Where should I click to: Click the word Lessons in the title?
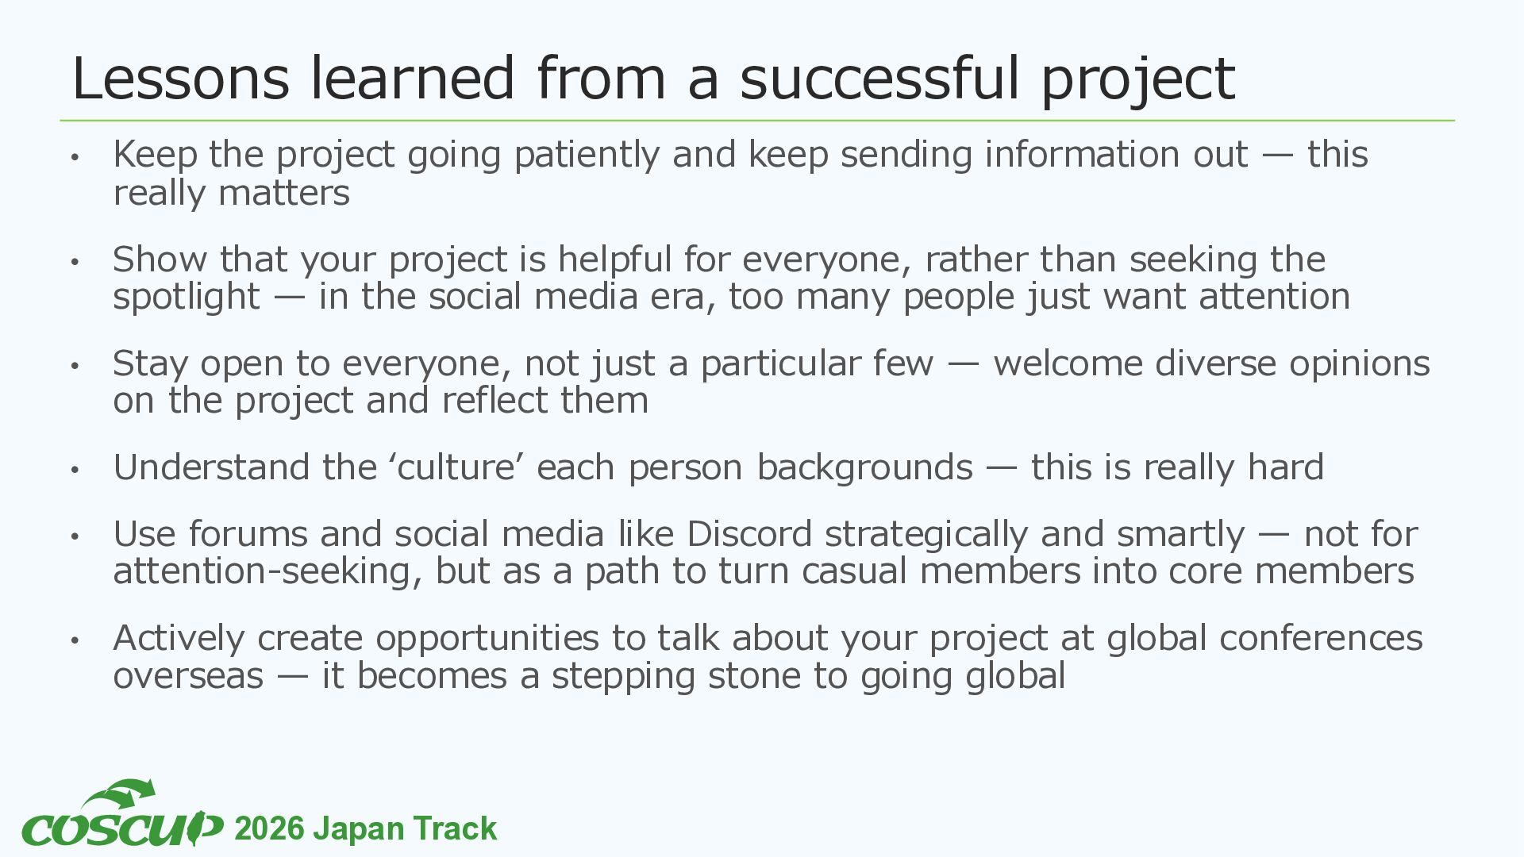click(x=181, y=78)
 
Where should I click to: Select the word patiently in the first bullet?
click(x=587, y=155)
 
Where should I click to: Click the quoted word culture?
click(x=456, y=467)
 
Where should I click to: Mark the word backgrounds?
click(x=864, y=467)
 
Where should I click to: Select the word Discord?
click(x=749, y=534)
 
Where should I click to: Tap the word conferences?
click(x=1321, y=638)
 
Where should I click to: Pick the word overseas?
click(x=188, y=677)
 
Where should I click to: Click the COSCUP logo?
click(x=122, y=814)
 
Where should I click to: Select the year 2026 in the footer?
click(x=270, y=829)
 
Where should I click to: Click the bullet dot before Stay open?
click(x=75, y=366)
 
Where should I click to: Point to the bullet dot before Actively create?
click(x=75, y=640)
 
